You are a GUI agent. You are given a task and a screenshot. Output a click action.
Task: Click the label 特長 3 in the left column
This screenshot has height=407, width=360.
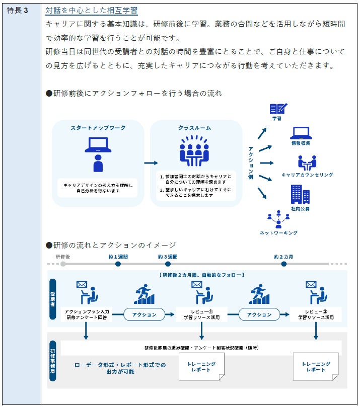(18, 11)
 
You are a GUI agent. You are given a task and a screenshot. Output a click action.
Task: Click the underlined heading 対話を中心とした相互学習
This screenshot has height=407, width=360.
(92, 11)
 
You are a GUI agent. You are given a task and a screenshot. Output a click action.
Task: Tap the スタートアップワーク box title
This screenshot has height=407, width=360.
(98, 128)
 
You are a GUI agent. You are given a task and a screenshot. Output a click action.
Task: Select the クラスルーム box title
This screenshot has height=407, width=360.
(194, 128)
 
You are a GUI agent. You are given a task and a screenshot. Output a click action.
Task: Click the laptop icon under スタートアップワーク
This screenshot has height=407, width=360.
(98, 145)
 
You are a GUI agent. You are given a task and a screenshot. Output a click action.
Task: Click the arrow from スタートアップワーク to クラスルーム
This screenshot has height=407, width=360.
(151, 162)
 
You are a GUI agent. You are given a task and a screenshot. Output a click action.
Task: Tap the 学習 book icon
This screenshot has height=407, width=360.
(277, 109)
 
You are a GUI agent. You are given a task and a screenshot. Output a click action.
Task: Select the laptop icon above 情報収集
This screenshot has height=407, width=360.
(301, 133)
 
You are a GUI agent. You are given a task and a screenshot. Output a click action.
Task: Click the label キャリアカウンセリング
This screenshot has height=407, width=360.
(307, 175)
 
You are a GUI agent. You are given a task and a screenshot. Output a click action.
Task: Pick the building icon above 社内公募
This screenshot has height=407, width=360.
(300, 195)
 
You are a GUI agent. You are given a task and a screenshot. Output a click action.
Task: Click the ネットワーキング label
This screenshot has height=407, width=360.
(278, 233)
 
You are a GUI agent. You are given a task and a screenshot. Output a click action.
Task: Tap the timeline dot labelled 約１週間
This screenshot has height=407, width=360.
(118, 264)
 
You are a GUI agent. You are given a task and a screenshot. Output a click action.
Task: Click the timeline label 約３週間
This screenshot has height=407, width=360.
(168, 257)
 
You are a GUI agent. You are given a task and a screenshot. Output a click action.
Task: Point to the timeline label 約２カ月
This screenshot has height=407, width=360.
(283, 257)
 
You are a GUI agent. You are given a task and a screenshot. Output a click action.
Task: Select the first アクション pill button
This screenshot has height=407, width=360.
(144, 314)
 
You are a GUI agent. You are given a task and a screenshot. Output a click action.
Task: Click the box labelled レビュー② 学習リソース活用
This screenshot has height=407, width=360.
(316, 314)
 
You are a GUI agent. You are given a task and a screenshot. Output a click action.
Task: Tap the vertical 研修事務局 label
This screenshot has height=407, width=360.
(53, 359)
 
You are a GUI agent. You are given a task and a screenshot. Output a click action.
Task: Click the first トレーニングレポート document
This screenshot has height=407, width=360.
(201, 366)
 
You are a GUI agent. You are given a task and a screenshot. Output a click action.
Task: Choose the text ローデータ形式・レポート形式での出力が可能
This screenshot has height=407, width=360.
(119, 368)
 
